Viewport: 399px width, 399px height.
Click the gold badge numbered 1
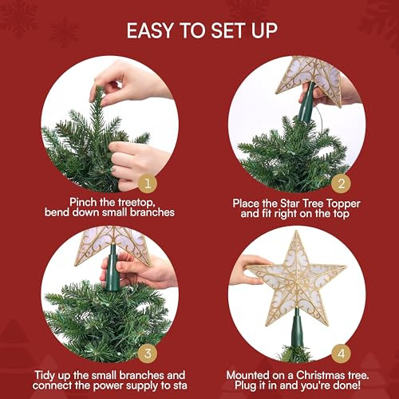(x=148, y=184)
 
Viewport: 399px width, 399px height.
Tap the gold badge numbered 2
(x=342, y=184)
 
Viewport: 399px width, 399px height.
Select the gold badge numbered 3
(x=148, y=354)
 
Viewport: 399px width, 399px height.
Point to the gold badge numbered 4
(x=342, y=354)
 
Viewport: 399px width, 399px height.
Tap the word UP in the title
(x=264, y=30)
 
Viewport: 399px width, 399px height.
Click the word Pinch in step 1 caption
(x=83, y=203)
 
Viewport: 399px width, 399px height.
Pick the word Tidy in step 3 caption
(x=45, y=376)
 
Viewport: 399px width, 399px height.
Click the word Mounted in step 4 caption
(x=247, y=375)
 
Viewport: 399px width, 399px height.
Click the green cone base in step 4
(x=297, y=329)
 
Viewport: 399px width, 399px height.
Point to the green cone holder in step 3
(x=112, y=268)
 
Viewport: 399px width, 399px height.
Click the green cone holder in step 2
(x=306, y=104)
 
